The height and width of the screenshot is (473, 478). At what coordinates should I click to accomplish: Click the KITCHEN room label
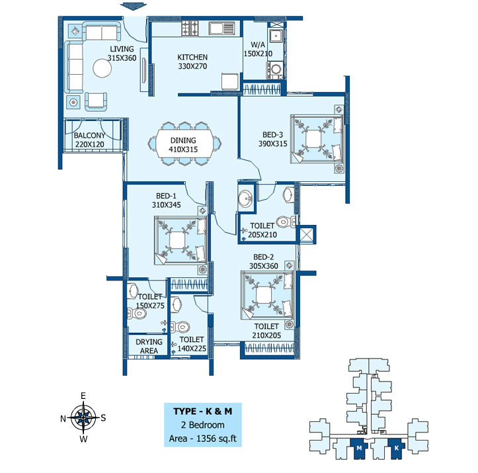tap(192, 57)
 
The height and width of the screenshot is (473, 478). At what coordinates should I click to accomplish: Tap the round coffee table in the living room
tap(102, 68)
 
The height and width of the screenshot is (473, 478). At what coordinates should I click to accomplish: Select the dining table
tap(183, 144)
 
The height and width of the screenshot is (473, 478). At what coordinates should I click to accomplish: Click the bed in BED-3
tap(317, 139)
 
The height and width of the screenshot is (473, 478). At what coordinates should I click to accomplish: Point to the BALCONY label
tap(89, 136)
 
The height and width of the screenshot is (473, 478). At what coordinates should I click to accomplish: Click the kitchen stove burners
tap(190, 28)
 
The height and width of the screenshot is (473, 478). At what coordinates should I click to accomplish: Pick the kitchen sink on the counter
tap(221, 28)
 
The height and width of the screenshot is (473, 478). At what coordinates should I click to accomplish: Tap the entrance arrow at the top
tap(134, 6)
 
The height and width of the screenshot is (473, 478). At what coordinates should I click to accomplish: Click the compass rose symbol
tap(83, 417)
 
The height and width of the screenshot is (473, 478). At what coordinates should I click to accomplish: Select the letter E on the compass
tap(83, 396)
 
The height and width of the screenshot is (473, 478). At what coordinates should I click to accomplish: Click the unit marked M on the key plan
tap(359, 449)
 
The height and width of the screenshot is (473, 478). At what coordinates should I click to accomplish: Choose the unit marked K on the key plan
tap(397, 449)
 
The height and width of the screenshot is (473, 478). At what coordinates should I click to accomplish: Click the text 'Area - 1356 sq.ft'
tap(203, 439)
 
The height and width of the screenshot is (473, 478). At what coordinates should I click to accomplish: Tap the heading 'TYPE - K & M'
tap(203, 411)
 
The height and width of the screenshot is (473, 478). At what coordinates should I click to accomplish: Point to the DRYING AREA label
tap(149, 346)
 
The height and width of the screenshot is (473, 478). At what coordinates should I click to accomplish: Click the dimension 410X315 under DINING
tap(183, 150)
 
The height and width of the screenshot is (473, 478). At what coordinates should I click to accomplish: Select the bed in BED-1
tap(181, 241)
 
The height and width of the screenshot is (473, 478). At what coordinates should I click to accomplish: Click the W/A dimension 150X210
tap(258, 54)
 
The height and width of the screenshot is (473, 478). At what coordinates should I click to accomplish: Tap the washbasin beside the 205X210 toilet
tap(245, 198)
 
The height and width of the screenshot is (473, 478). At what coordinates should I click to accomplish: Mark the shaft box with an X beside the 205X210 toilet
tap(306, 234)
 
